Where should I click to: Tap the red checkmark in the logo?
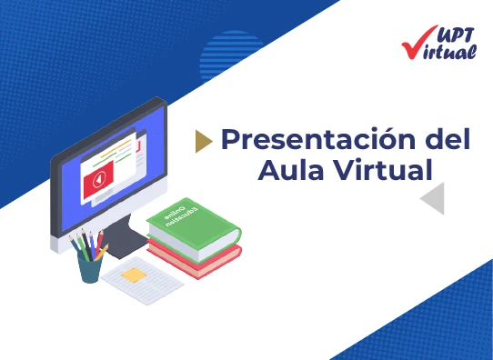pyautogui.click(x=413, y=42)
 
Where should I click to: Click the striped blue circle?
pyautogui.click(x=231, y=56)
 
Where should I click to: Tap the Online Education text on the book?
pyautogui.click(x=186, y=215)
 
